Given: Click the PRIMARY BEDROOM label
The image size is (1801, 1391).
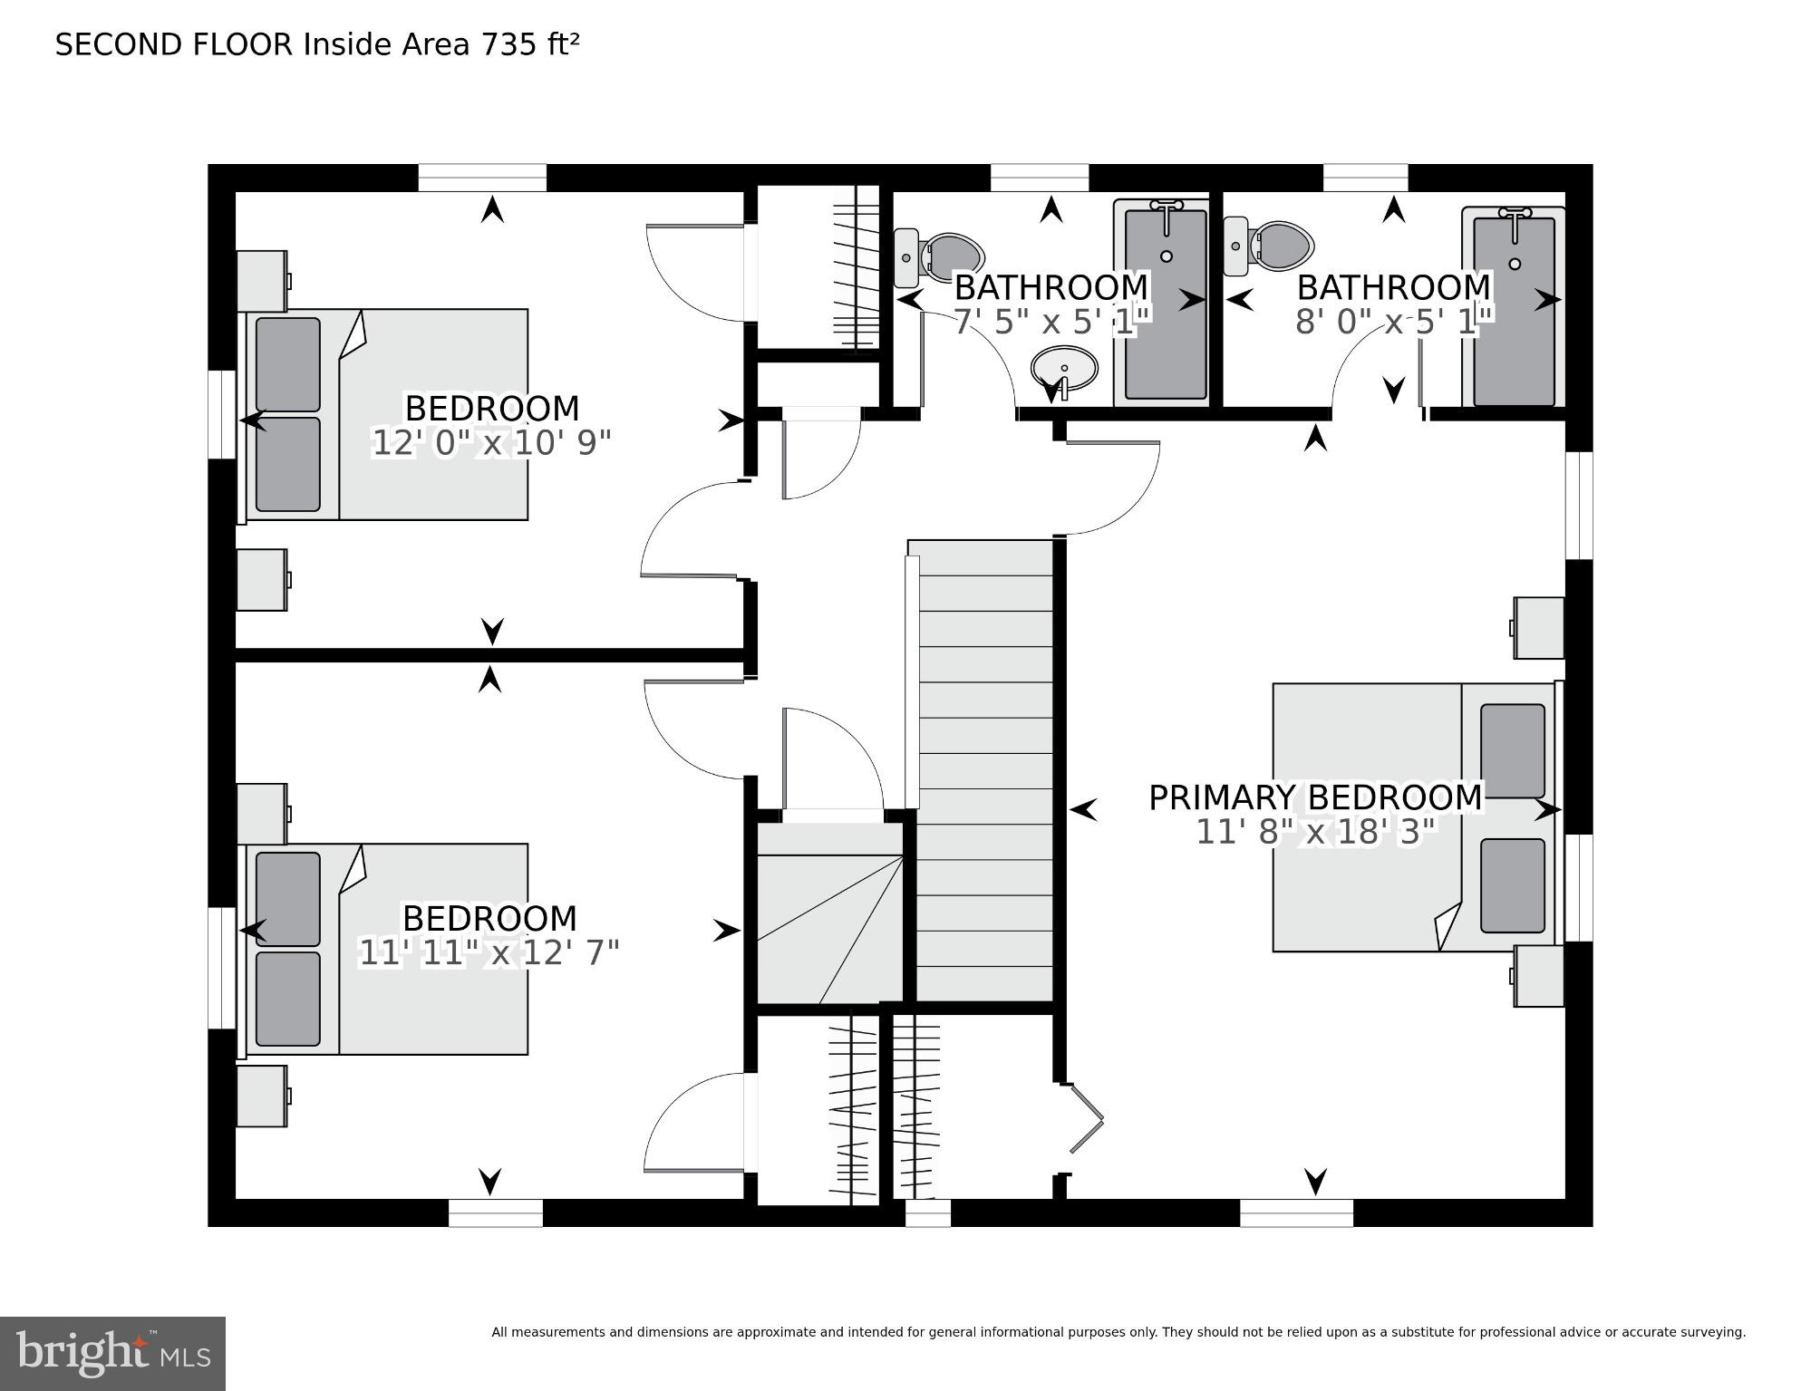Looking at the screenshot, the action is coord(1315,797).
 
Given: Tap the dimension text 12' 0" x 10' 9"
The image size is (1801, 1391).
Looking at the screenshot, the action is coord(491,443).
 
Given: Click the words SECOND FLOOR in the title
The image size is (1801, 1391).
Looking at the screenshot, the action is coord(174,44).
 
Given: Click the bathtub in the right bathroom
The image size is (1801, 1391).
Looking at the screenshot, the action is coord(1514,306).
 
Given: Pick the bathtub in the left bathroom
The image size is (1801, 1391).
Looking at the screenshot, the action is coord(1166,303).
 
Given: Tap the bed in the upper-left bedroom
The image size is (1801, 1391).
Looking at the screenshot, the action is coord(382,415).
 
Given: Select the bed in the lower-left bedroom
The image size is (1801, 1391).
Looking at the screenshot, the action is coord(382,950).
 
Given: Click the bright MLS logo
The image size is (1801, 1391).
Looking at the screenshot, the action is coord(112,1354).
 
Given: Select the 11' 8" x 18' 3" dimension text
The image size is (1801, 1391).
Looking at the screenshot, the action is coord(1316,831).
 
